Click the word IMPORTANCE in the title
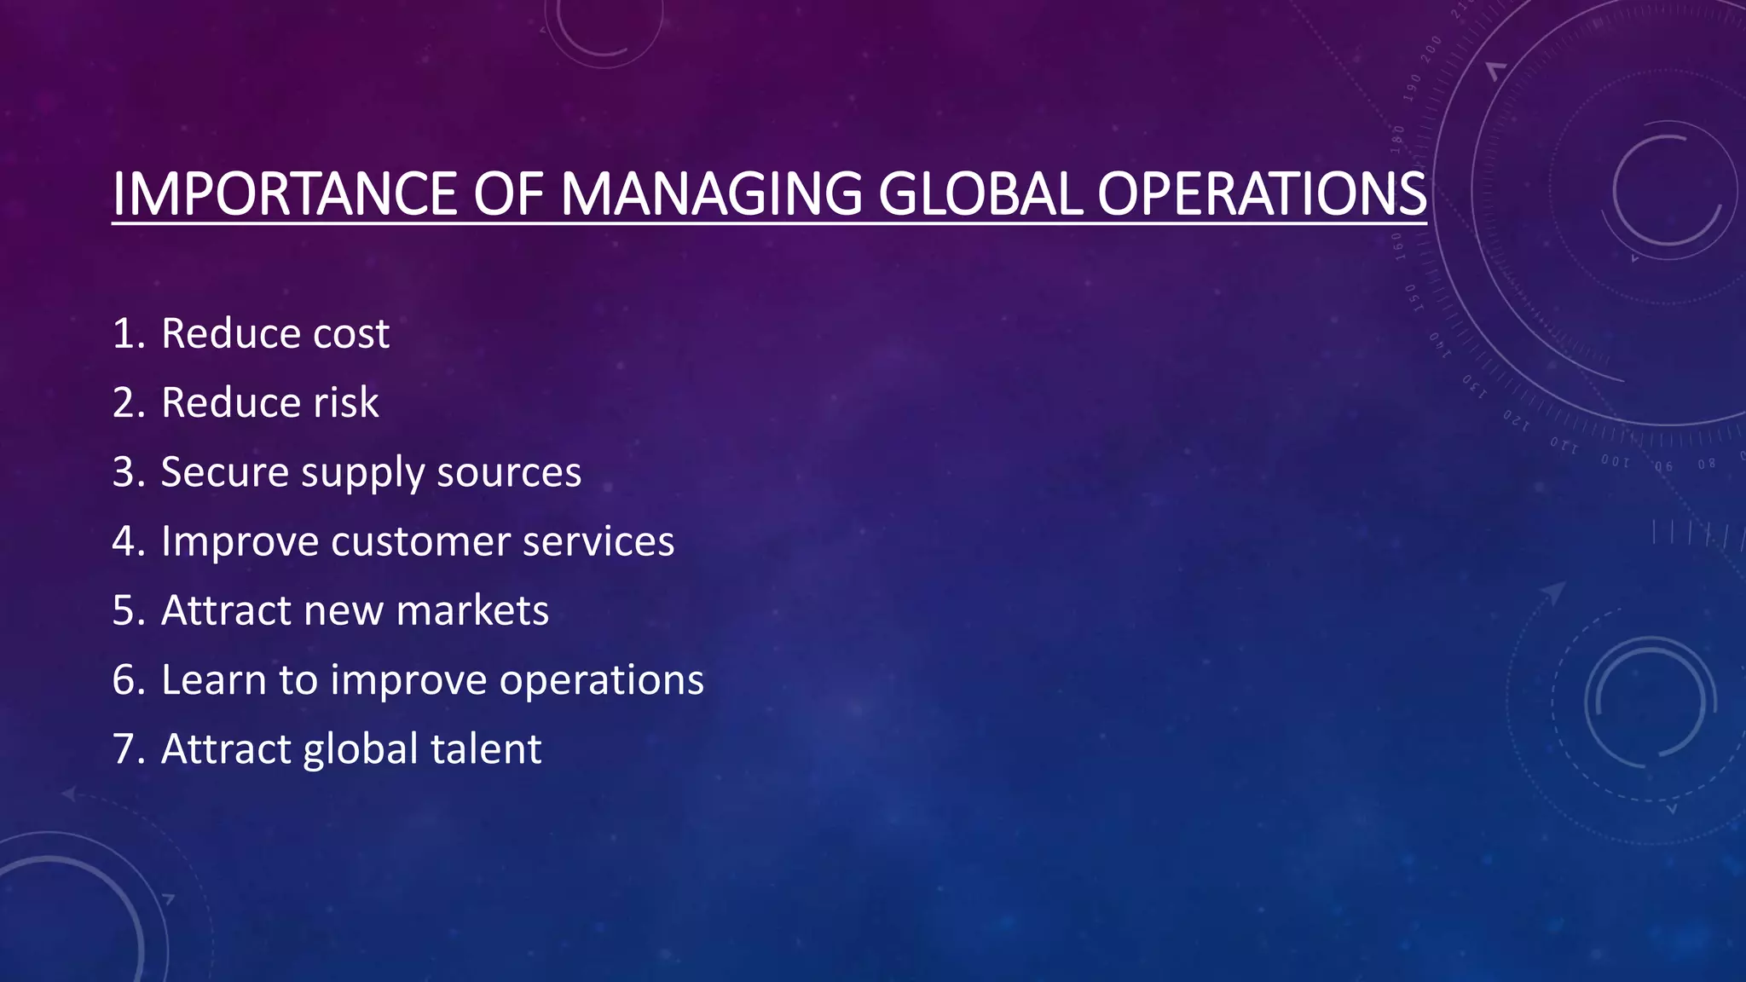(x=286, y=194)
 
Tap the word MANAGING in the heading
(x=711, y=194)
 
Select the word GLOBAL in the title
(x=980, y=194)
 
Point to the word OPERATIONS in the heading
(x=1262, y=194)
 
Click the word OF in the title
(x=508, y=194)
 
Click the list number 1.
(x=128, y=333)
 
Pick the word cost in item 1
(x=351, y=333)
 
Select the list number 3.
(x=128, y=472)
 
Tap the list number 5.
(x=128, y=611)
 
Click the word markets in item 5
(x=472, y=611)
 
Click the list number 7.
(x=128, y=749)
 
